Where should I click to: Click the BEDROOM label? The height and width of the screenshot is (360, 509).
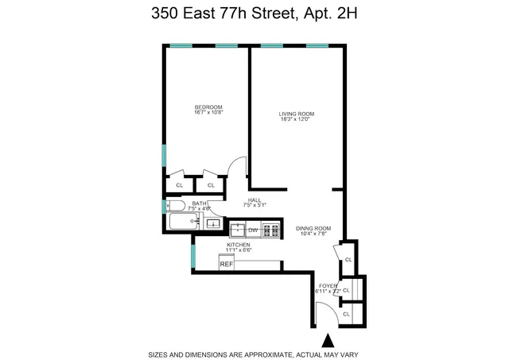click(x=208, y=107)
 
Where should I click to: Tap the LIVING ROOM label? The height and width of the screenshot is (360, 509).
click(x=296, y=114)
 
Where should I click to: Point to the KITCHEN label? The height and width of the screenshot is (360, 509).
click(x=239, y=245)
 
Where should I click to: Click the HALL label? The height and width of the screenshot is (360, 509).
click(x=254, y=199)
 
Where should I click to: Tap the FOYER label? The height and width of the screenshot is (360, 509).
click(x=328, y=285)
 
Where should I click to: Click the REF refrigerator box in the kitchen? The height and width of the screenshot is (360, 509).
click(x=227, y=264)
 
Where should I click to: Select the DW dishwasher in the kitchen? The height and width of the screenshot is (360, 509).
click(x=252, y=230)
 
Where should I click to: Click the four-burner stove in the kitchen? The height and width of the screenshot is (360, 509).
click(x=271, y=230)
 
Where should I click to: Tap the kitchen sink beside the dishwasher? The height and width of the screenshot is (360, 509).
click(x=237, y=230)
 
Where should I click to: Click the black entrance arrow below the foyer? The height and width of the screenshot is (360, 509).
click(x=327, y=341)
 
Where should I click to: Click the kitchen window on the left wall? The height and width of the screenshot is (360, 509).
click(x=192, y=255)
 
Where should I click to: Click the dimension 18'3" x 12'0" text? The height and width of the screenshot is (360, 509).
click(x=296, y=121)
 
